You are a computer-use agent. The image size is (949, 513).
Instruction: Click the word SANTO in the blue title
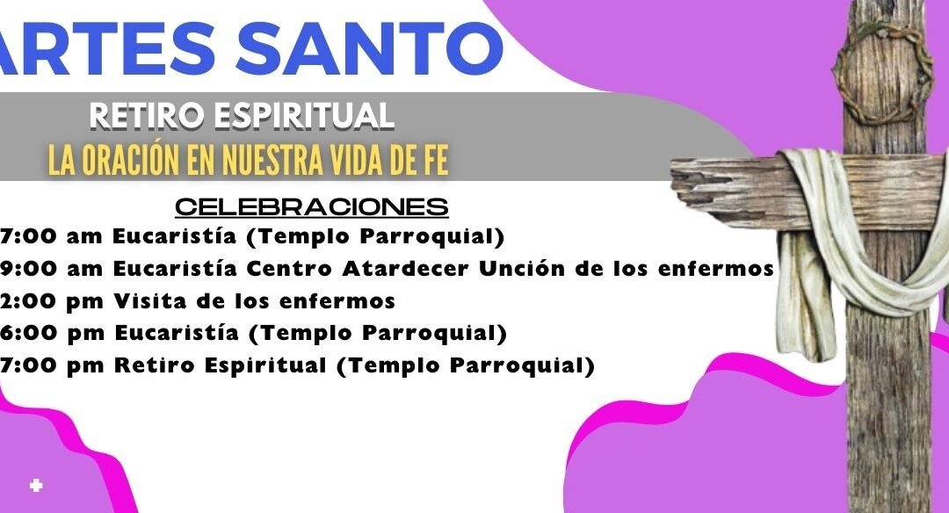(x=369, y=47)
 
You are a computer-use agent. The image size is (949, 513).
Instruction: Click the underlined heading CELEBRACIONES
(x=312, y=207)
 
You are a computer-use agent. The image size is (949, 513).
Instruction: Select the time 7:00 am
(x=52, y=236)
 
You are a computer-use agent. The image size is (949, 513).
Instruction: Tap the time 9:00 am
(x=52, y=269)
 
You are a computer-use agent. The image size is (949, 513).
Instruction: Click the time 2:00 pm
(x=52, y=301)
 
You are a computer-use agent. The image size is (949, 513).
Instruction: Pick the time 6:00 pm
(x=52, y=333)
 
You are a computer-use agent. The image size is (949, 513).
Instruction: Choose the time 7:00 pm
(x=52, y=366)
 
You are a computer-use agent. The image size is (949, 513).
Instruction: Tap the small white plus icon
(x=36, y=485)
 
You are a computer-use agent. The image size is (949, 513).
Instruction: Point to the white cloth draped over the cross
(x=859, y=242)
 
